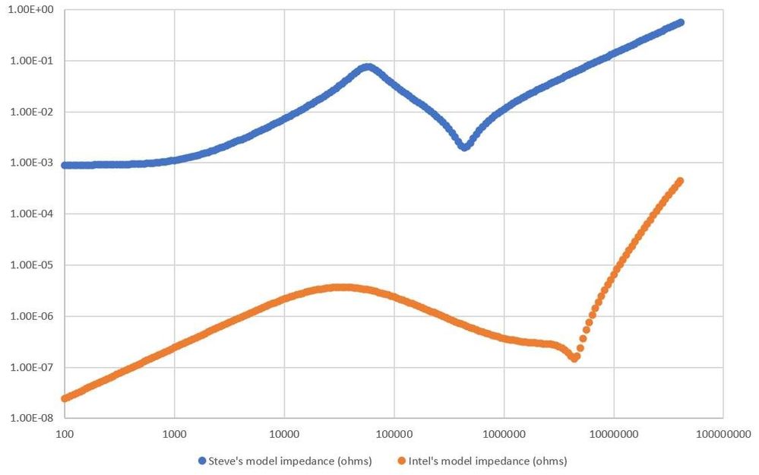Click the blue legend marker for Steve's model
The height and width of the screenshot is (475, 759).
click(201, 461)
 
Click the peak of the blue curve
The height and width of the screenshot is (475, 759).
click(368, 67)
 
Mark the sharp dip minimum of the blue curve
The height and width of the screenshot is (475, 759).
click(464, 147)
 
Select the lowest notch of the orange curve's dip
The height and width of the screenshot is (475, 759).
click(574, 358)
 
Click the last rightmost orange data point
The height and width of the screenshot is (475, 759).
click(680, 181)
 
